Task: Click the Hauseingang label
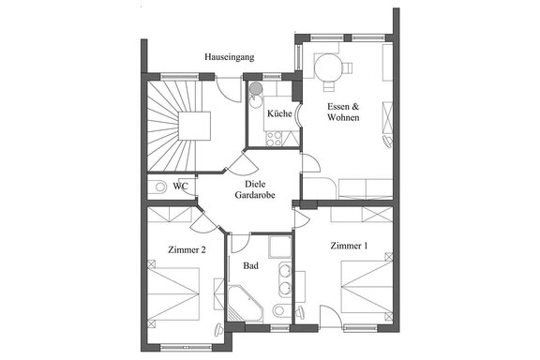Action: (230, 57)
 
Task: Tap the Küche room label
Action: (279, 113)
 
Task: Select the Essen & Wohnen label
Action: (343, 112)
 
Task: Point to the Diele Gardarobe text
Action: (255, 189)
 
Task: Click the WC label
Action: (180, 187)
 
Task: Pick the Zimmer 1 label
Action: (349, 246)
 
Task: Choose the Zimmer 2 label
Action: (187, 249)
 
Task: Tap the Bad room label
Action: (250, 265)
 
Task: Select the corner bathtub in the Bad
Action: (245, 304)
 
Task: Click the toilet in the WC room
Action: (157, 187)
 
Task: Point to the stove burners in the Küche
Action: (274, 139)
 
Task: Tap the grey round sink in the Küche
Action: (256, 88)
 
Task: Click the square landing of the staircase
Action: (194, 126)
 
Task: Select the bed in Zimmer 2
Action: (173, 293)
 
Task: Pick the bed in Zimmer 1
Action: (367, 287)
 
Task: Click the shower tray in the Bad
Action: (280, 247)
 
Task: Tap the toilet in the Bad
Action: (281, 310)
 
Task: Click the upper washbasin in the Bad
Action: (284, 271)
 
